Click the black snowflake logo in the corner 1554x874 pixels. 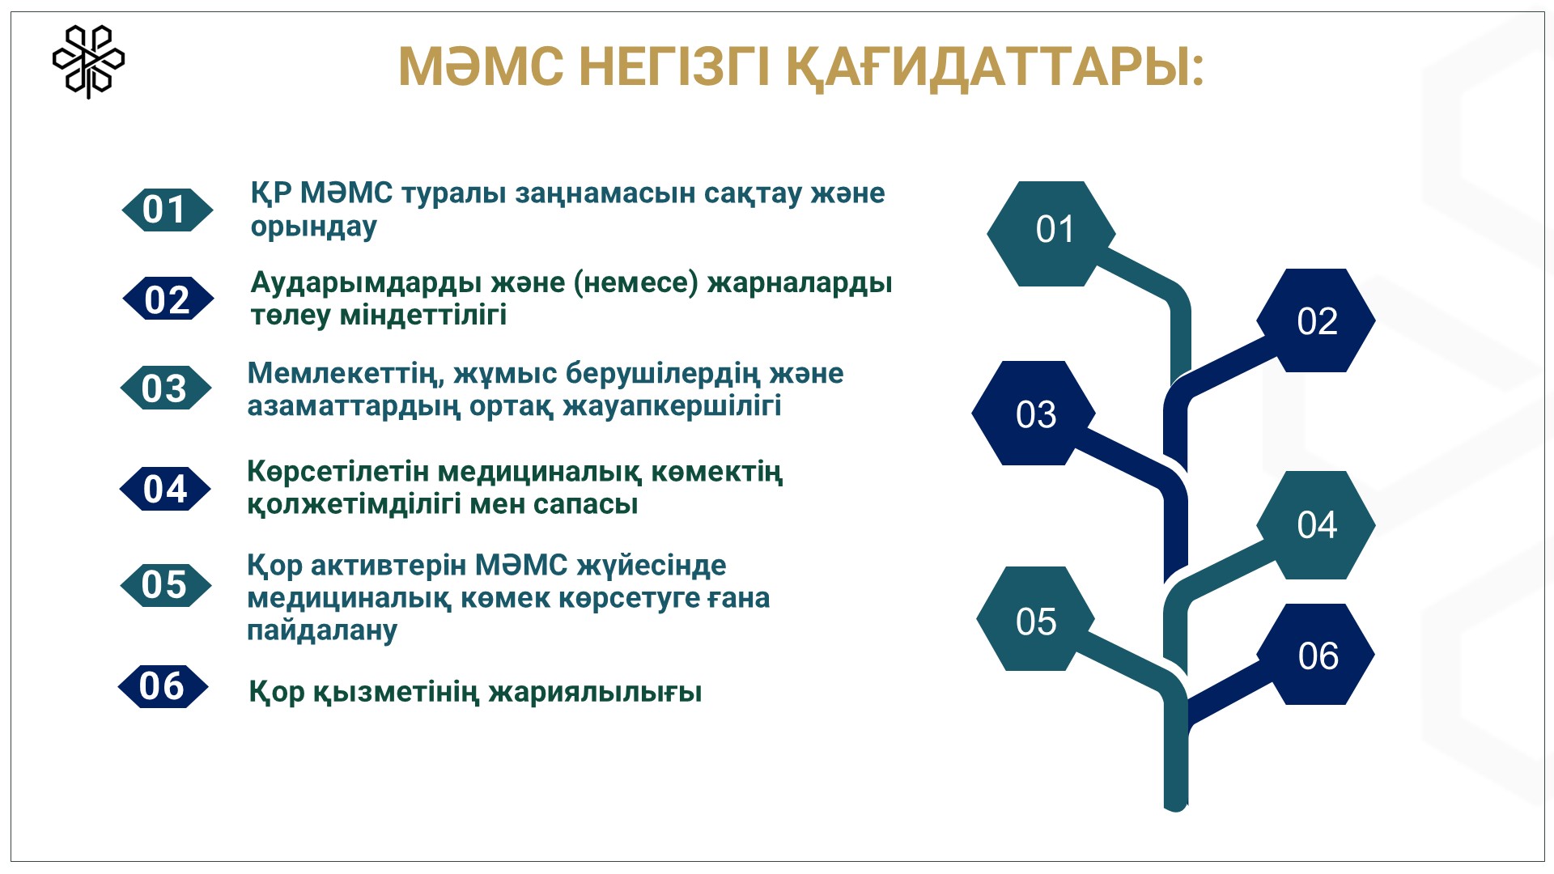click(x=88, y=62)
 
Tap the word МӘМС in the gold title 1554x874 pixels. click(x=481, y=66)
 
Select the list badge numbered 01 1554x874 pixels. click(x=167, y=210)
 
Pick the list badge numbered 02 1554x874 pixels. click(x=168, y=299)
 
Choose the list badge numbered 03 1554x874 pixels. click(x=165, y=388)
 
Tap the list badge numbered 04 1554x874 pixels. click(x=165, y=489)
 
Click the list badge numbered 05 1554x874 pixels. click(x=165, y=585)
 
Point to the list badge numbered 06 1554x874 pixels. click(x=163, y=686)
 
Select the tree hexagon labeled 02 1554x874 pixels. click(x=1316, y=320)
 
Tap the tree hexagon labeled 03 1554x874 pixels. click(x=1034, y=414)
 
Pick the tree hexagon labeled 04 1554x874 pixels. click(x=1316, y=525)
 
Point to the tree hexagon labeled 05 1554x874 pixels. click(x=1036, y=619)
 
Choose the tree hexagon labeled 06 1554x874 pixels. click(x=1316, y=655)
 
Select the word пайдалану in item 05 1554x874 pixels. click(x=322, y=631)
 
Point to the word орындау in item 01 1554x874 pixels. click(x=314, y=227)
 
